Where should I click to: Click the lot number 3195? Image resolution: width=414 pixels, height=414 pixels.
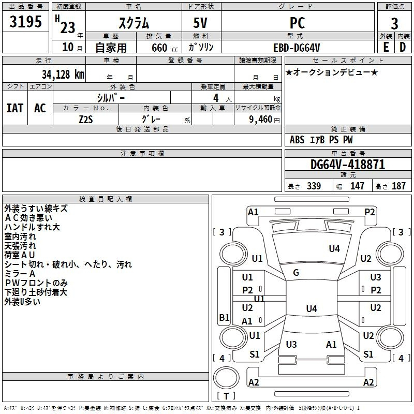26,22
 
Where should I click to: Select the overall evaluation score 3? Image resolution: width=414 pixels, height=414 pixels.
394,23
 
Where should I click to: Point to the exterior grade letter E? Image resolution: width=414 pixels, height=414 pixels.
386,47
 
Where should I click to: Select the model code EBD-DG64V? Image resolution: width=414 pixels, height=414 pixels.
298,47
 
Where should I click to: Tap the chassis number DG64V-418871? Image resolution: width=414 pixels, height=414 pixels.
348,165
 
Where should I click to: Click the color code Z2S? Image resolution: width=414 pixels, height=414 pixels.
86,119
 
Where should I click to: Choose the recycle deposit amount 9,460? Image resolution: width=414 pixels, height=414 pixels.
261,119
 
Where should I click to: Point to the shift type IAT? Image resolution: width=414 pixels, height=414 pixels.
14,108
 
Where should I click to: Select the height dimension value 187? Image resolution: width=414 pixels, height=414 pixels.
399,186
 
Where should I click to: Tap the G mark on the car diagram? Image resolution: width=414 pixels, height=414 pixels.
296,273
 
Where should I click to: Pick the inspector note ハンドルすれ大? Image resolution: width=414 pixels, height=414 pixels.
32,227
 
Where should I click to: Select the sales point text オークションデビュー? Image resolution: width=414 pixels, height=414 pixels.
331,72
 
